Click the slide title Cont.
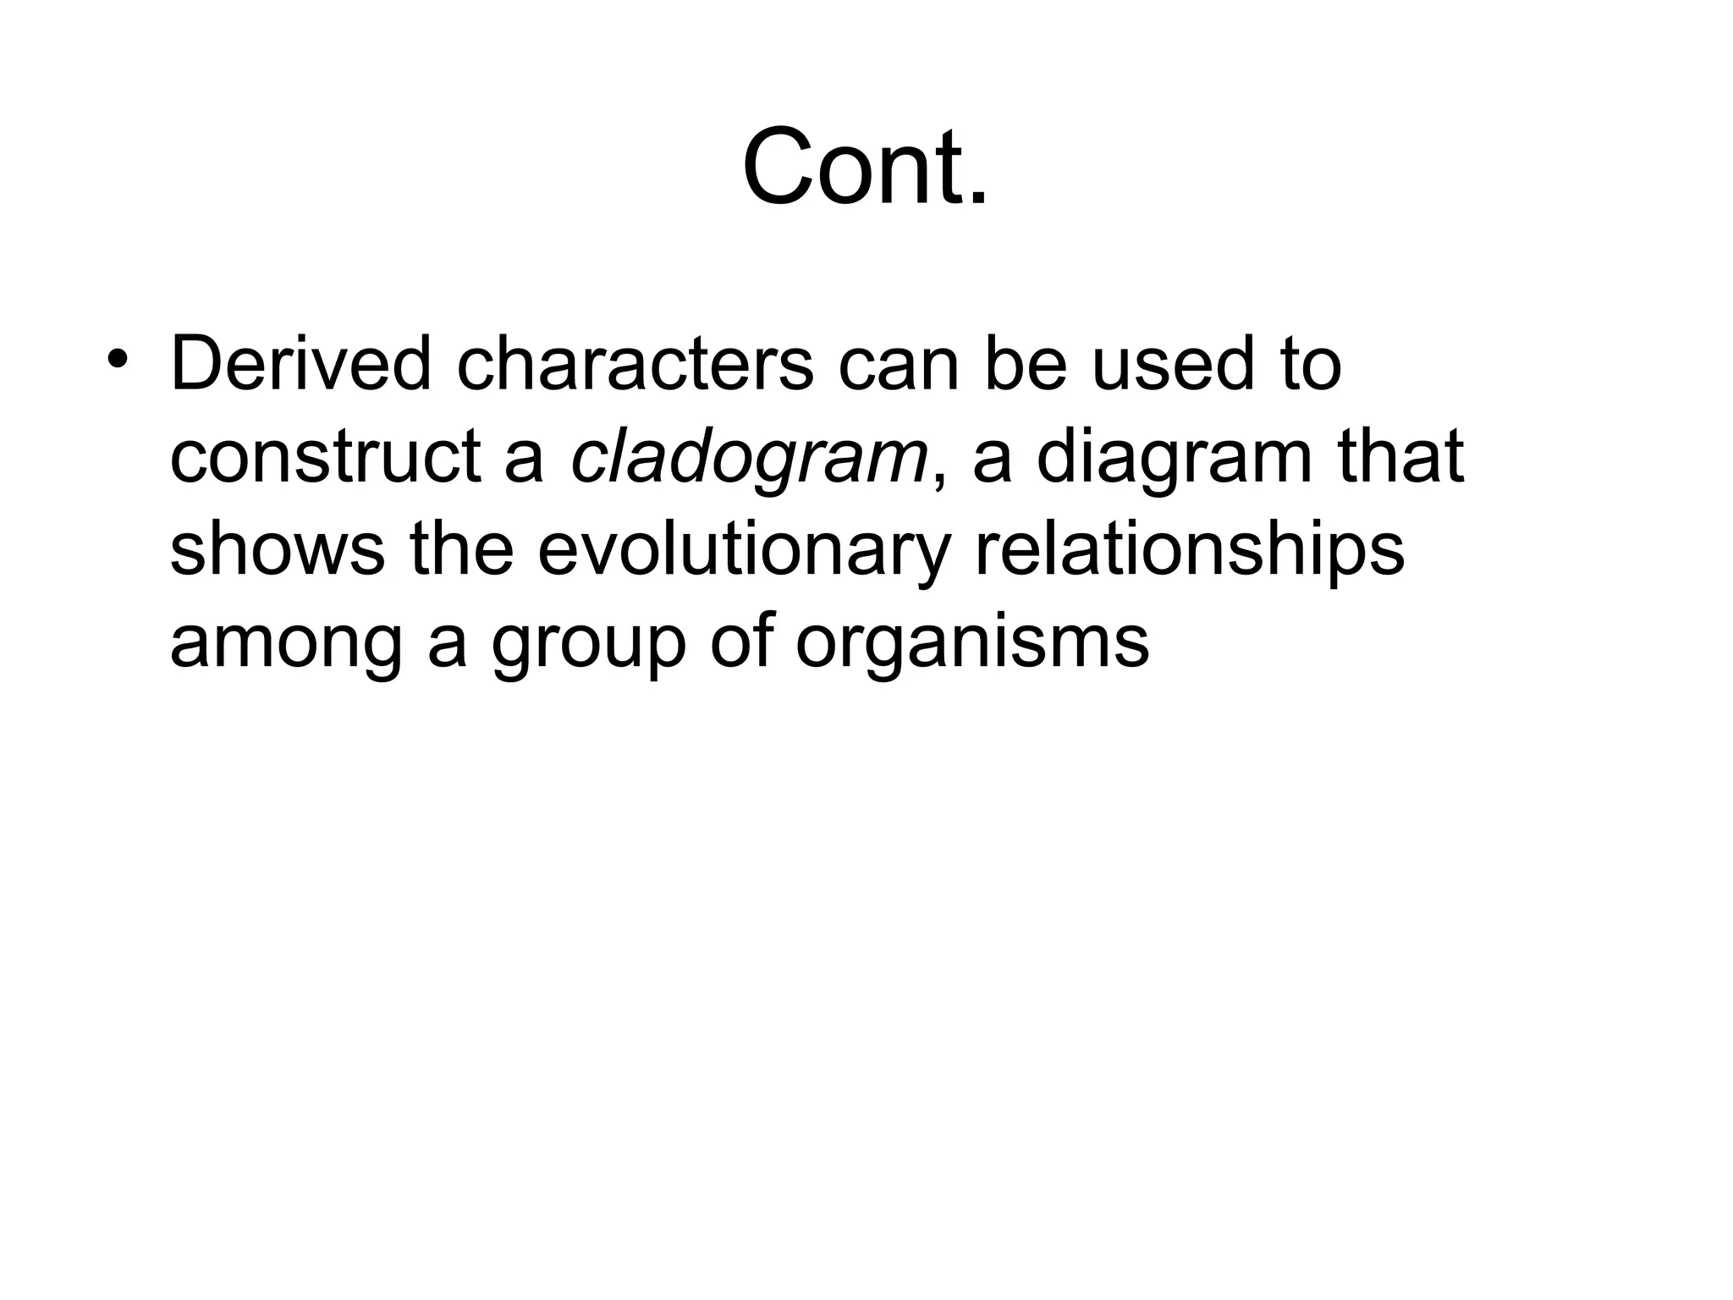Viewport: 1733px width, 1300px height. point(865,166)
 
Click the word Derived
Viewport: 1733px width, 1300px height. point(300,364)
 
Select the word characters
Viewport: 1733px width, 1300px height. point(635,364)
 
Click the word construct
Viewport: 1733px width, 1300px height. point(326,457)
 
